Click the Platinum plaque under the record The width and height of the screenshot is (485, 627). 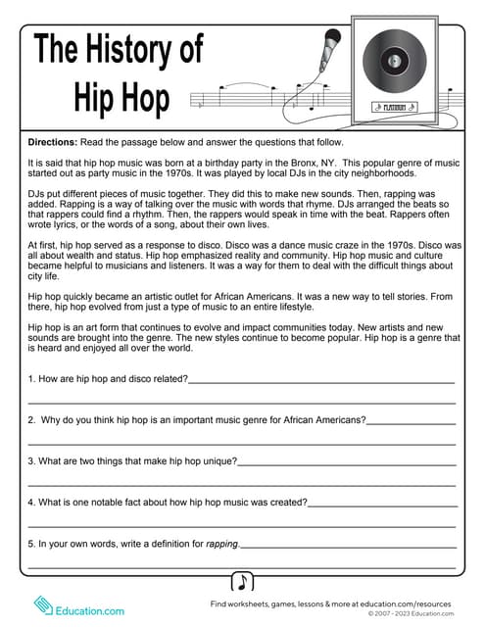tap(394, 106)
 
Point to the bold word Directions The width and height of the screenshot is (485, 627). tap(58, 141)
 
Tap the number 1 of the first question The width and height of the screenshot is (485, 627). tap(30, 378)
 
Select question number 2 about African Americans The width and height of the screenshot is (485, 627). tap(31, 419)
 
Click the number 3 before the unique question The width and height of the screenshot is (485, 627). tap(30, 460)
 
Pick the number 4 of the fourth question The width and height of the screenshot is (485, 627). tap(30, 502)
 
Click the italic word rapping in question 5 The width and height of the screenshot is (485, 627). tap(221, 543)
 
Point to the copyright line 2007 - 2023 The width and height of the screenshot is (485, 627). tap(412, 614)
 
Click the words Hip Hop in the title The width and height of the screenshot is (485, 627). tap(121, 97)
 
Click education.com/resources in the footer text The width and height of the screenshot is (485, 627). tap(414, 604)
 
